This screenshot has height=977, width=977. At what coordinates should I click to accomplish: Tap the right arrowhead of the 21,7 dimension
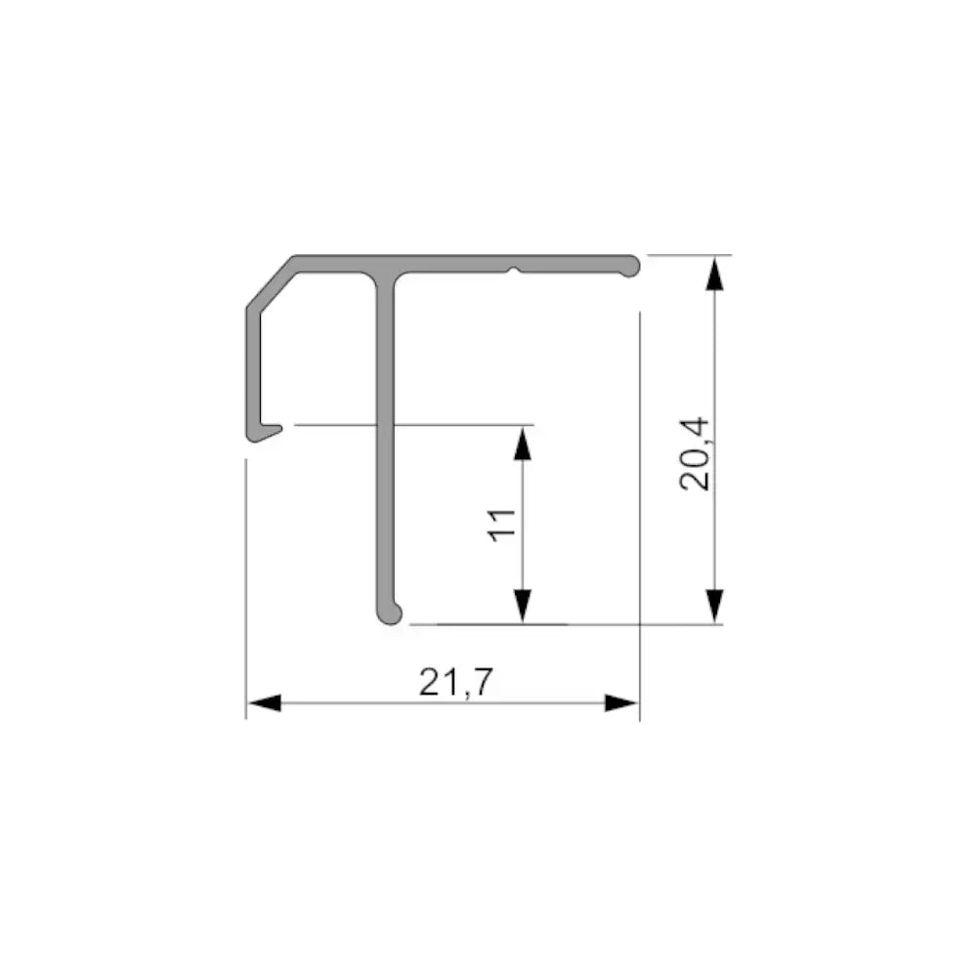tap(622, 702)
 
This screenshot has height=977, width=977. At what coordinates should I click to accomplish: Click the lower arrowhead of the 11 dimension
tap(523, 605)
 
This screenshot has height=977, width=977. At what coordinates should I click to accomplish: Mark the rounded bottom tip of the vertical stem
tap(389, 615)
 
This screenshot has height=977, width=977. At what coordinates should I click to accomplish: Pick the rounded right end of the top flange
tap(632, 264)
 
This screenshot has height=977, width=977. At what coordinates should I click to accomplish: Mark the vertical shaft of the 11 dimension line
tap(523, 524)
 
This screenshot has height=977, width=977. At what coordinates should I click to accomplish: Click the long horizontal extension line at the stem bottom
tap(567, 623)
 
